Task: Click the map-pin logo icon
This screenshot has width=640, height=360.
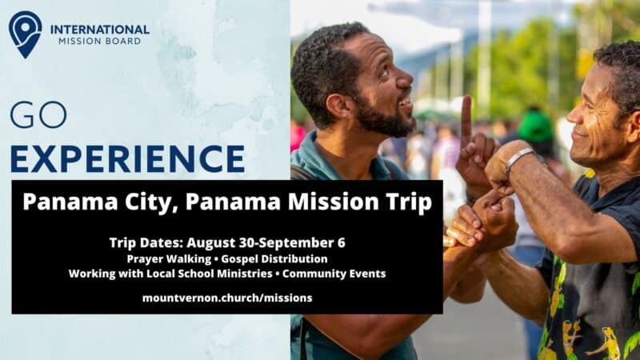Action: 25,34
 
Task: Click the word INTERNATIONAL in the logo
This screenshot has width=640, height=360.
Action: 100,30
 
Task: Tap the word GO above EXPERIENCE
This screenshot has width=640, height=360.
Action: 38,114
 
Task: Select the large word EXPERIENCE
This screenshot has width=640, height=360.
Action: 127,158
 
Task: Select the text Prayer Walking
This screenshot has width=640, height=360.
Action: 169,259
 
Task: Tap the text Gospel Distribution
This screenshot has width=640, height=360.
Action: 274,259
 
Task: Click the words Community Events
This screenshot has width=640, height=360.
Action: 334,274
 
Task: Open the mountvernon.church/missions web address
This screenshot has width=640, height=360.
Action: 227,298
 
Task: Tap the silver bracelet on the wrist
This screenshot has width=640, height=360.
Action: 518,158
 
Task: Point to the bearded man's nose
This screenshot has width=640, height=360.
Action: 406,78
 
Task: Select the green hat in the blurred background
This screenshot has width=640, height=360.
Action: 535,126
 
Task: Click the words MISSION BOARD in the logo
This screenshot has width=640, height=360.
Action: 99,42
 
